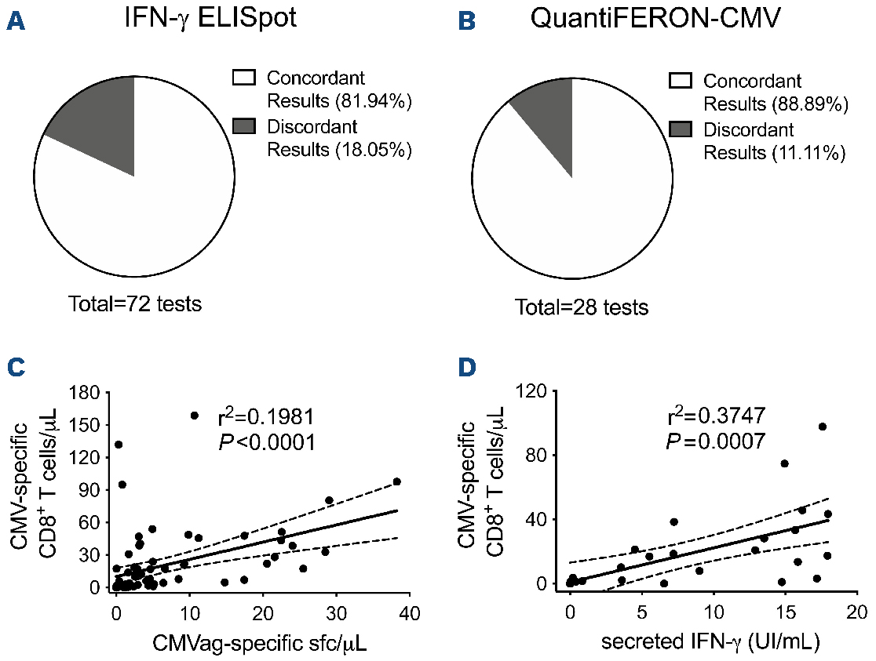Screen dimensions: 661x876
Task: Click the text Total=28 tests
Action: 582,307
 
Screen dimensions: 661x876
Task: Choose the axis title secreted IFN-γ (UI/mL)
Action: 710,644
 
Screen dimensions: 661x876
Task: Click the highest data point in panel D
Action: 823,427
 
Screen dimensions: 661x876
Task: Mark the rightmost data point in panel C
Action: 396,481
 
